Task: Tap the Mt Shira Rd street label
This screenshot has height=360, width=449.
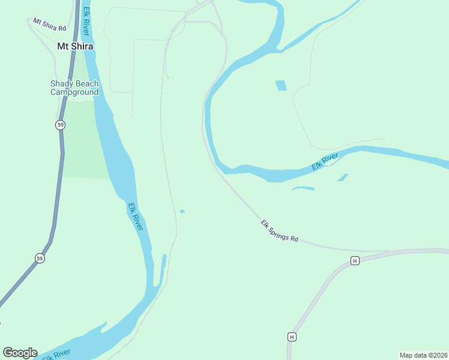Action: [49, 25]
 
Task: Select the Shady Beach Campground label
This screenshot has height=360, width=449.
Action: [74, 88]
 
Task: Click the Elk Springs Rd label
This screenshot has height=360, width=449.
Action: [279, 230]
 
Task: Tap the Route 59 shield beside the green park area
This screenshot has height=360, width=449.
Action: [60, 125]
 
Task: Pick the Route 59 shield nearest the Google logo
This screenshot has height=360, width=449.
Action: [40, 259]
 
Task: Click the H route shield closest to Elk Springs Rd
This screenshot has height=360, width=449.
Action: [355, 260]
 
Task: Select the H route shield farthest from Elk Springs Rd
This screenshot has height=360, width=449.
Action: [291, 337]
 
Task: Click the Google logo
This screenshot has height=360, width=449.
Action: [20, 353]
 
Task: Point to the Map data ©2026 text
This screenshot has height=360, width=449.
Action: [423, 355]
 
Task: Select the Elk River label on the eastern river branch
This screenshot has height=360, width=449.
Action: [326, 162]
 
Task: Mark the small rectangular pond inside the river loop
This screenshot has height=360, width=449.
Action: [281, 85]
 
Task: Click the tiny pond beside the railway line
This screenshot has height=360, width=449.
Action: [182, 211]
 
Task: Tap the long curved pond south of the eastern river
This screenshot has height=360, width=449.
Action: [303, 188]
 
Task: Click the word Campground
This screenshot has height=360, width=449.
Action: [74, 92]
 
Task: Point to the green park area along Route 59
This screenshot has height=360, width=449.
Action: [84, 144]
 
